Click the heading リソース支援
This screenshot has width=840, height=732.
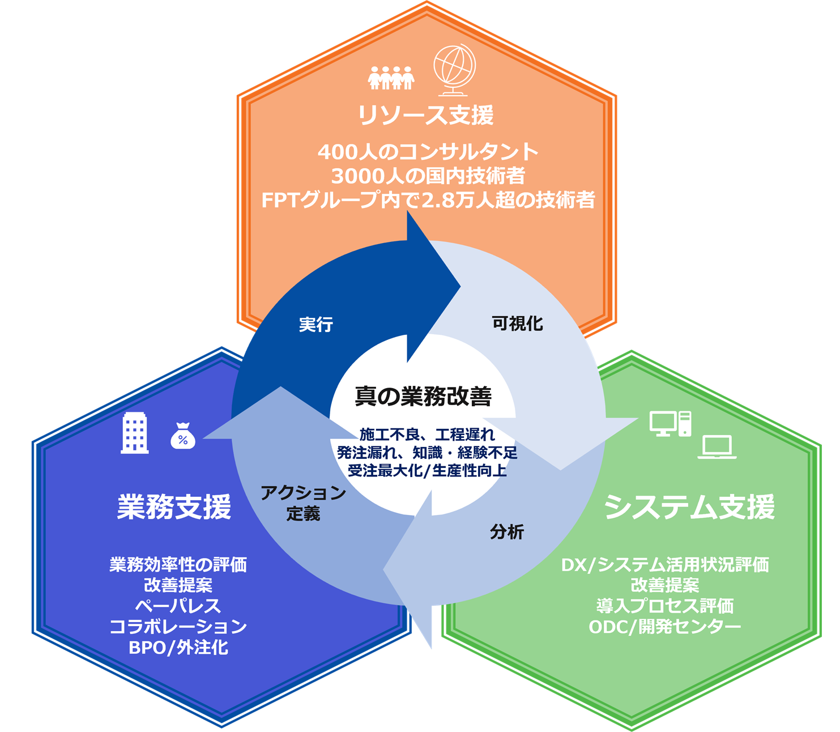425,116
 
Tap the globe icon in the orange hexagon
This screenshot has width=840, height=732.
454,71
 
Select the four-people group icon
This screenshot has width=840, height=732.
391,78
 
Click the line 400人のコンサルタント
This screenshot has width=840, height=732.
428,152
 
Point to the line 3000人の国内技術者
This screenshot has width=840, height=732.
428,176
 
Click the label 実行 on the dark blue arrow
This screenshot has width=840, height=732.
316,325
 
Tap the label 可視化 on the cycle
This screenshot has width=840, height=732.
517,324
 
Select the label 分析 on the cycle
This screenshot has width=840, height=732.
507,532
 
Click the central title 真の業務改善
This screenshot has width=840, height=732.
423,397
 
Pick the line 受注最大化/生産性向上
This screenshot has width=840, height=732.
427,471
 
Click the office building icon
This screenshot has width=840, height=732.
135,433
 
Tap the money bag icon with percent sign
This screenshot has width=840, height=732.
183,436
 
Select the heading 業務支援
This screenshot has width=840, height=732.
174,507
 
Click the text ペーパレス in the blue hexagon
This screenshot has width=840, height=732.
178,606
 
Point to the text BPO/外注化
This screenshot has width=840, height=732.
178,647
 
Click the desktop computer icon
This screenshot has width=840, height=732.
670,423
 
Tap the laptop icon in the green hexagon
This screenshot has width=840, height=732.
717,447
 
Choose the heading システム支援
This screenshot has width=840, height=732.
689,507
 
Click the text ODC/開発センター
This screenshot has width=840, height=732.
665,627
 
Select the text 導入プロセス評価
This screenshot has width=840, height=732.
665,606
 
